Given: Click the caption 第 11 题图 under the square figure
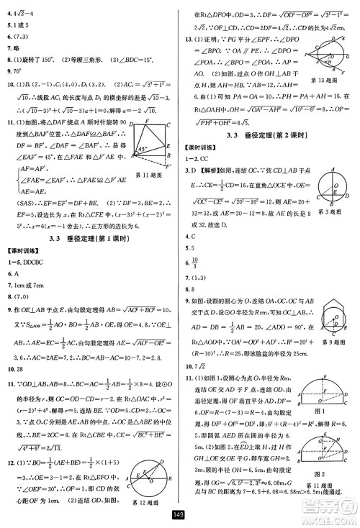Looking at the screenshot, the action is pos(150,194).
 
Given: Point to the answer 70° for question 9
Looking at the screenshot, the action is pos(15,72).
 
